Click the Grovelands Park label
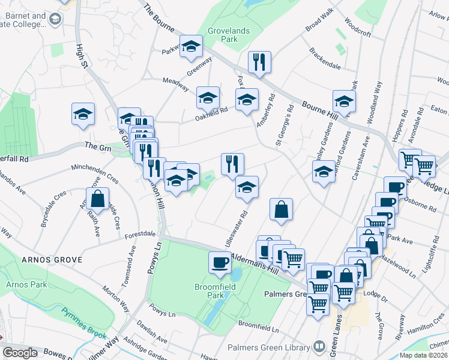pos(223,34)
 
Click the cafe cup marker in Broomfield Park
pos(220,262)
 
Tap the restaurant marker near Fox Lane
pos(259,62)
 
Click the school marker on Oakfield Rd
pos(208,97)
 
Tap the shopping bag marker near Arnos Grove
pos(97,199)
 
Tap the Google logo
pos(20,353)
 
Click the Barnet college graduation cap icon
pos(55,20)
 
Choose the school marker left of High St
pos(83,114)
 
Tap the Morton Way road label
pos(116,298)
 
